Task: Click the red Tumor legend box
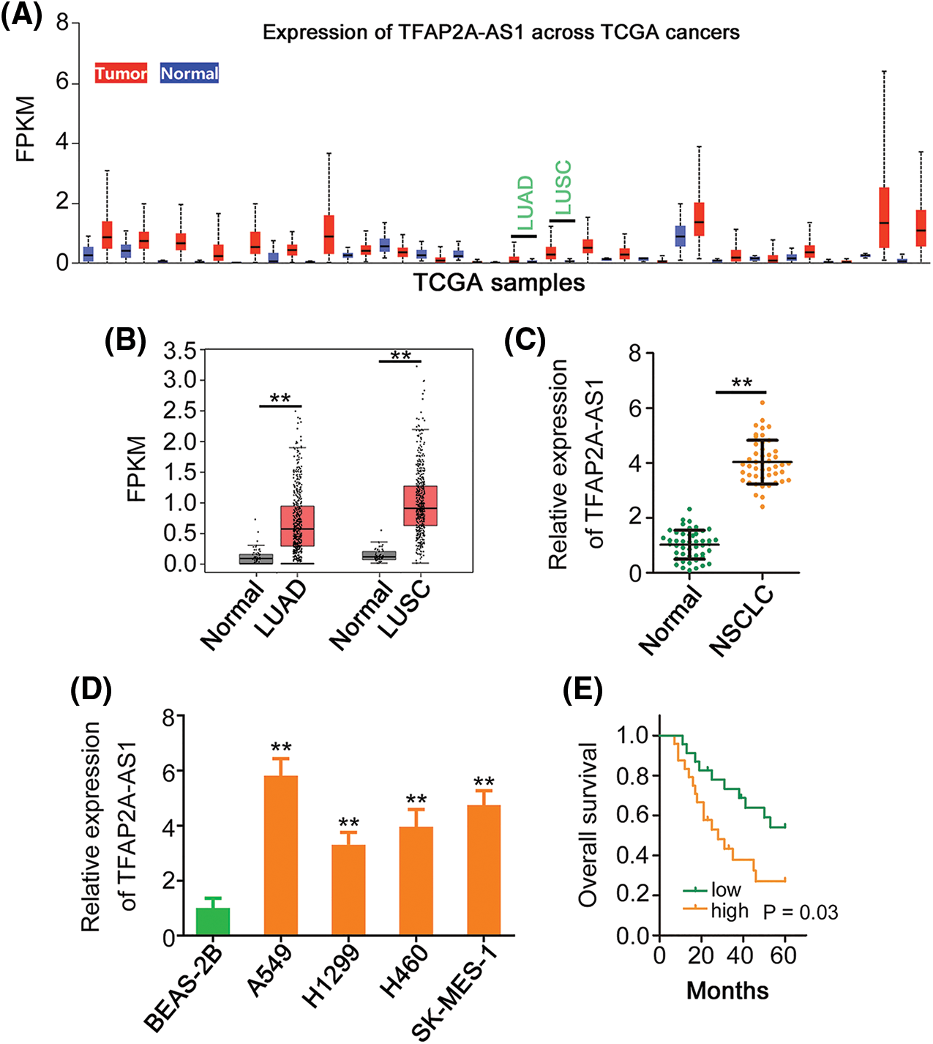(x=121, y=73)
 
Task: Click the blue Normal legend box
(x=190, y=73)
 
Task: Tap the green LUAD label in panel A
(x=525, y=203)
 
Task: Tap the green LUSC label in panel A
(x=563, y=187)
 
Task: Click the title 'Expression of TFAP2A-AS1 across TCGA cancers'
(x=501, y=33)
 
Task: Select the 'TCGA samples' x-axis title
(x=499, y=283)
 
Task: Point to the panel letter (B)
(x=125, y=340)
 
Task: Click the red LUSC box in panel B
(x=420, y=505)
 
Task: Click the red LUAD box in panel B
(x=297, y=526)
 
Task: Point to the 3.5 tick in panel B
(x=180, y=351)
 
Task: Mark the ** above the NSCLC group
(x=741, y=384)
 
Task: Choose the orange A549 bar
(x=281, y=855)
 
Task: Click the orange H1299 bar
(x=348, y=890)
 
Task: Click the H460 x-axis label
(x=404, y=972)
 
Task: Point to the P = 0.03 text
(x=801, y=912)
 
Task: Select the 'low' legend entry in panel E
(x=725, y=890)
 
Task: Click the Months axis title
(x=727, y=991)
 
